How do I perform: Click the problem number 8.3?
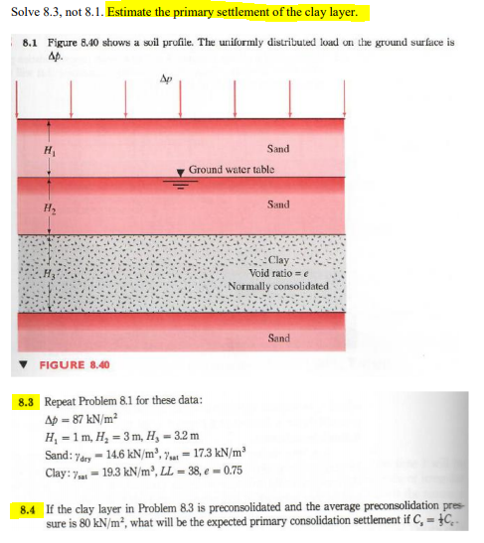point(27,404)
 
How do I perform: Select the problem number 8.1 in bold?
point(29,44)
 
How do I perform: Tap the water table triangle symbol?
point(180,172)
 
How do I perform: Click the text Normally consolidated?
point(277,286)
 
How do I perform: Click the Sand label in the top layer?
point(278,149)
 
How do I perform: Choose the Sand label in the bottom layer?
point(278,339)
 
